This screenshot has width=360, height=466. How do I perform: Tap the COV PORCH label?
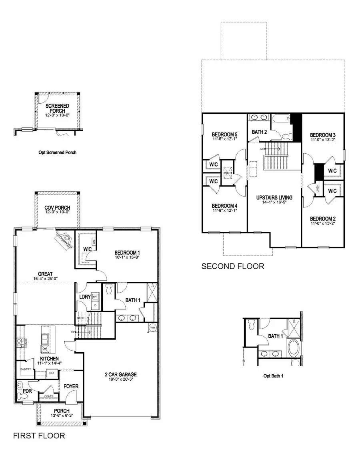point(57,208)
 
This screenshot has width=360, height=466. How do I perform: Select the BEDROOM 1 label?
point(127,253)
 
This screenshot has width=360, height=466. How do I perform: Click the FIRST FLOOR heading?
point(39,436)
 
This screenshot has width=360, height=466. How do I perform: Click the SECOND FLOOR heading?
point(233,266)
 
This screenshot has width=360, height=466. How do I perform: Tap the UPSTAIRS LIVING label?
point(274,197)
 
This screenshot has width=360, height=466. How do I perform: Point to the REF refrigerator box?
point(51,372)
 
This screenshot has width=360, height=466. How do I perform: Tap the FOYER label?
point(71,386)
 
